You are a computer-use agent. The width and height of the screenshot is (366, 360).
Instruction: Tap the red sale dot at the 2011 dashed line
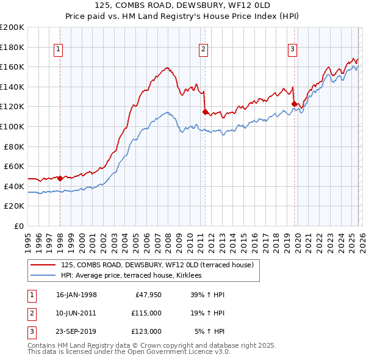pyautogui.click(x=205, y=111)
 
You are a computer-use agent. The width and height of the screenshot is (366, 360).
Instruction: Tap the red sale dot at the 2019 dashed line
pyautogui.click(x=294, y=104)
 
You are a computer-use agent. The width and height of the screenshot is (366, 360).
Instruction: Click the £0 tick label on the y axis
pyautogui.click(x=18, y=226)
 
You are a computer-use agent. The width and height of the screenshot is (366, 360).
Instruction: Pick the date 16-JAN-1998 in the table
pyautogui.click(x=76, y=295)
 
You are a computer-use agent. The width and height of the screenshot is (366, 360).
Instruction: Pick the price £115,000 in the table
pyautogui.click(x=146, y=313)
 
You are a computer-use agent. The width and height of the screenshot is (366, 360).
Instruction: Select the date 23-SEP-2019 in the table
pyautogui.click(x=76, y=331)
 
